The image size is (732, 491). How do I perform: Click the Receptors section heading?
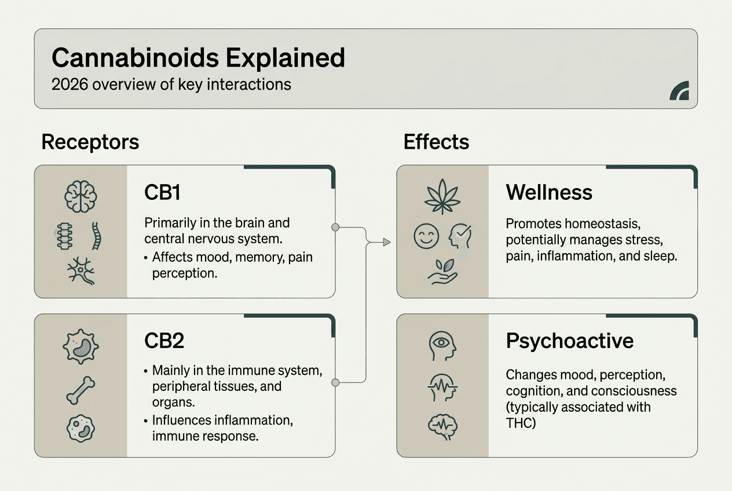(x=90, y=142)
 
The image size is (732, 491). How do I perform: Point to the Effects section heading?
(x=436, y=142)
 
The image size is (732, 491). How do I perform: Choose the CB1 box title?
(x=162, y=193)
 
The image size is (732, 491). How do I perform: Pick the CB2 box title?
(x=164, y=341)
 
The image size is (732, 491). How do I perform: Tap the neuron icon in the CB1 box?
(x=80, y=269)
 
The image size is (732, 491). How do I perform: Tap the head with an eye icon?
(x=443, y=346)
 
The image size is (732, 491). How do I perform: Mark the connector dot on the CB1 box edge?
(x=335, y=228)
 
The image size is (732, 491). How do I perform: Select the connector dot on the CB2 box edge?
(x=335, y=382)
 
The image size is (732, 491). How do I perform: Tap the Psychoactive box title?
(x=569, y=341)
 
